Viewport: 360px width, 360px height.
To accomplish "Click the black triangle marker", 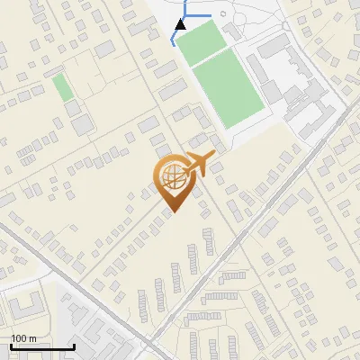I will pos(181,23).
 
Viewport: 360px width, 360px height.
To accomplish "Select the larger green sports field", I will pos(229,91).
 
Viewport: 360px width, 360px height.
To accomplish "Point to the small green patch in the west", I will pos(62,88).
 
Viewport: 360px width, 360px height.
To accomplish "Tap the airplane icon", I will pos(200,163).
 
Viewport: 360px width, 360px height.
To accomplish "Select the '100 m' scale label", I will pos(24,338).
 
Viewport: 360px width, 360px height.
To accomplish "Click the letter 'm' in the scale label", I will pos(33,338).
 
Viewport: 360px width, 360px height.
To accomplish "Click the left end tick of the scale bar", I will pos(12,346).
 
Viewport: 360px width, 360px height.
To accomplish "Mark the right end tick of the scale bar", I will pos(74,346).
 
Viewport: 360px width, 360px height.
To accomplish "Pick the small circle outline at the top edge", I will pos(223,14).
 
